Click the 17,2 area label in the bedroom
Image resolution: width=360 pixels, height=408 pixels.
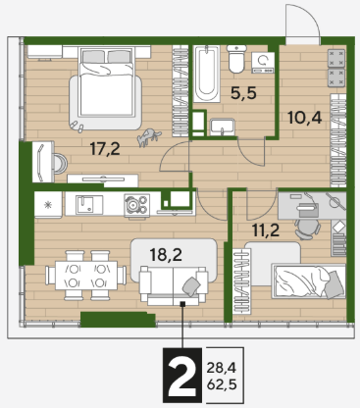[x=105, y=149]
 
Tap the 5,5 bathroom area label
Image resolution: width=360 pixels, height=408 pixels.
[x=243, y=93]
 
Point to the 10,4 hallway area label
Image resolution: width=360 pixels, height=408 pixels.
[x=305, y=118]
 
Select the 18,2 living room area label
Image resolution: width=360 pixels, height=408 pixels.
[x=166, y=254]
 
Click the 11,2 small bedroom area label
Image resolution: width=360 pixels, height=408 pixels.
[x=266, y=230]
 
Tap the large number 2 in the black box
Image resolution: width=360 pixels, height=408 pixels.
[x=182, y=376]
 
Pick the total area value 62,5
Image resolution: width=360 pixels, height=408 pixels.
[x=222, y=384]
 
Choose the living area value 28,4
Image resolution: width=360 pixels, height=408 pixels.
[x=222, y=369]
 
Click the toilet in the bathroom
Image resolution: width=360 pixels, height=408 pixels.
[x=236, y=59]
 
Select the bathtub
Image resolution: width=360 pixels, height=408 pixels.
[x=206, y=74]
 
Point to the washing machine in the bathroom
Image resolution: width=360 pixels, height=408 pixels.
[x=263, y=63]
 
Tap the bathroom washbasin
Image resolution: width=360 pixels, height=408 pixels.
[x=223, y=127]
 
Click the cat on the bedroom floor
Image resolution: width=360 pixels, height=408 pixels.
[x=148, y=137]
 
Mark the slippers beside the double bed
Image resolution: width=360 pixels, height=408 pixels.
[x=77, y=127]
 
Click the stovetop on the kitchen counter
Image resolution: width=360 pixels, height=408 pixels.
[x=136, y=206]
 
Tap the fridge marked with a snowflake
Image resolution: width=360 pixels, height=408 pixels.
[x=48, y=205]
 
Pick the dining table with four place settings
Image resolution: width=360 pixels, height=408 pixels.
[x=86, y=275]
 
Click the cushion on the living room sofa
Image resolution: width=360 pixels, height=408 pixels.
[x=191, y=286]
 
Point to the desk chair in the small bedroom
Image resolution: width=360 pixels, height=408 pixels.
[x=307, y=228]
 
